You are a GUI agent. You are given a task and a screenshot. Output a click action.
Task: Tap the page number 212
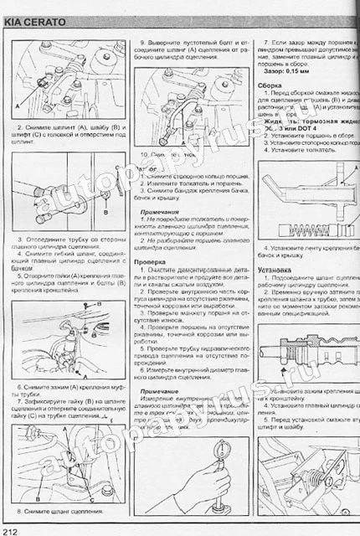[11, 529]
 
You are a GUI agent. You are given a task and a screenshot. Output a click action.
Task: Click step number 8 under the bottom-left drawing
[18, 511]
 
